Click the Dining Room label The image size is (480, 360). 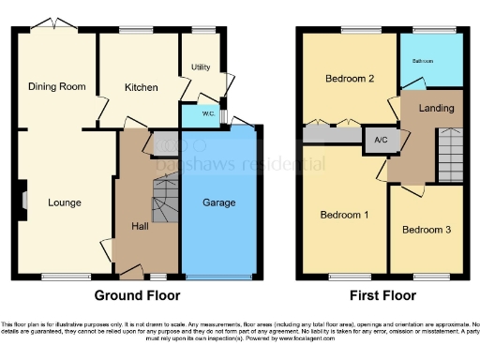pos(56,86)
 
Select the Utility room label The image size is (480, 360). pos(201,67)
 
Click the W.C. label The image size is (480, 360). pos(198,117)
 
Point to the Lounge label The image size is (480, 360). pos(65,202)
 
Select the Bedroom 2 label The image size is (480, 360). pos(350,79)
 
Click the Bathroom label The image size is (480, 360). pos(425,61)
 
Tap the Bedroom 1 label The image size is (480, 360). pos(344,215)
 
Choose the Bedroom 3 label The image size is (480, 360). pos(427,230)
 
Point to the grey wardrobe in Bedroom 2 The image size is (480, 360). pos(332,136)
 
